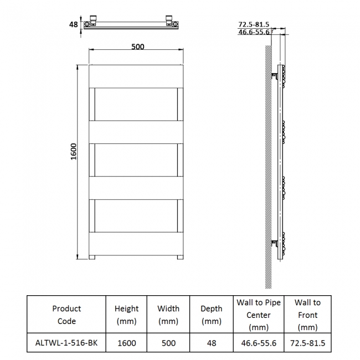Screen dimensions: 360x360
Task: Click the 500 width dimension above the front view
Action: click(x=137, y=47)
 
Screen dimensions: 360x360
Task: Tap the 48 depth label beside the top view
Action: click(x=73, y=24)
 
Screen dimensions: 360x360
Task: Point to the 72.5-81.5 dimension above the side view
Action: click(x=254, y=24)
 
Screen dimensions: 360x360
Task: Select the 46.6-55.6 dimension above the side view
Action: click(x=254, y=32)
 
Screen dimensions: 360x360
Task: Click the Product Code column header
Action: click(x=66, y=315)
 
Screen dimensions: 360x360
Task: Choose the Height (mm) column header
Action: click(x=126, y=315)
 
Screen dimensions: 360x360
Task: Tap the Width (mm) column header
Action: click(x=168, y=315)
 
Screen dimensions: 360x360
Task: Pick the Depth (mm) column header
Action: click(x=211, y=315)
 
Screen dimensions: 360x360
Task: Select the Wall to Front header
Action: click(x=307, y=315)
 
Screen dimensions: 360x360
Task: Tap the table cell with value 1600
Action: click(x=126, y=343)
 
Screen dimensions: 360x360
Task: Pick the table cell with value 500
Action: click(x=168, y=343)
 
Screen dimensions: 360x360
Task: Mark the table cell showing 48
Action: click(x=211, y=343)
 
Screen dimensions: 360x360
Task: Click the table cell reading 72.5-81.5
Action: click(x=307, y=343)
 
